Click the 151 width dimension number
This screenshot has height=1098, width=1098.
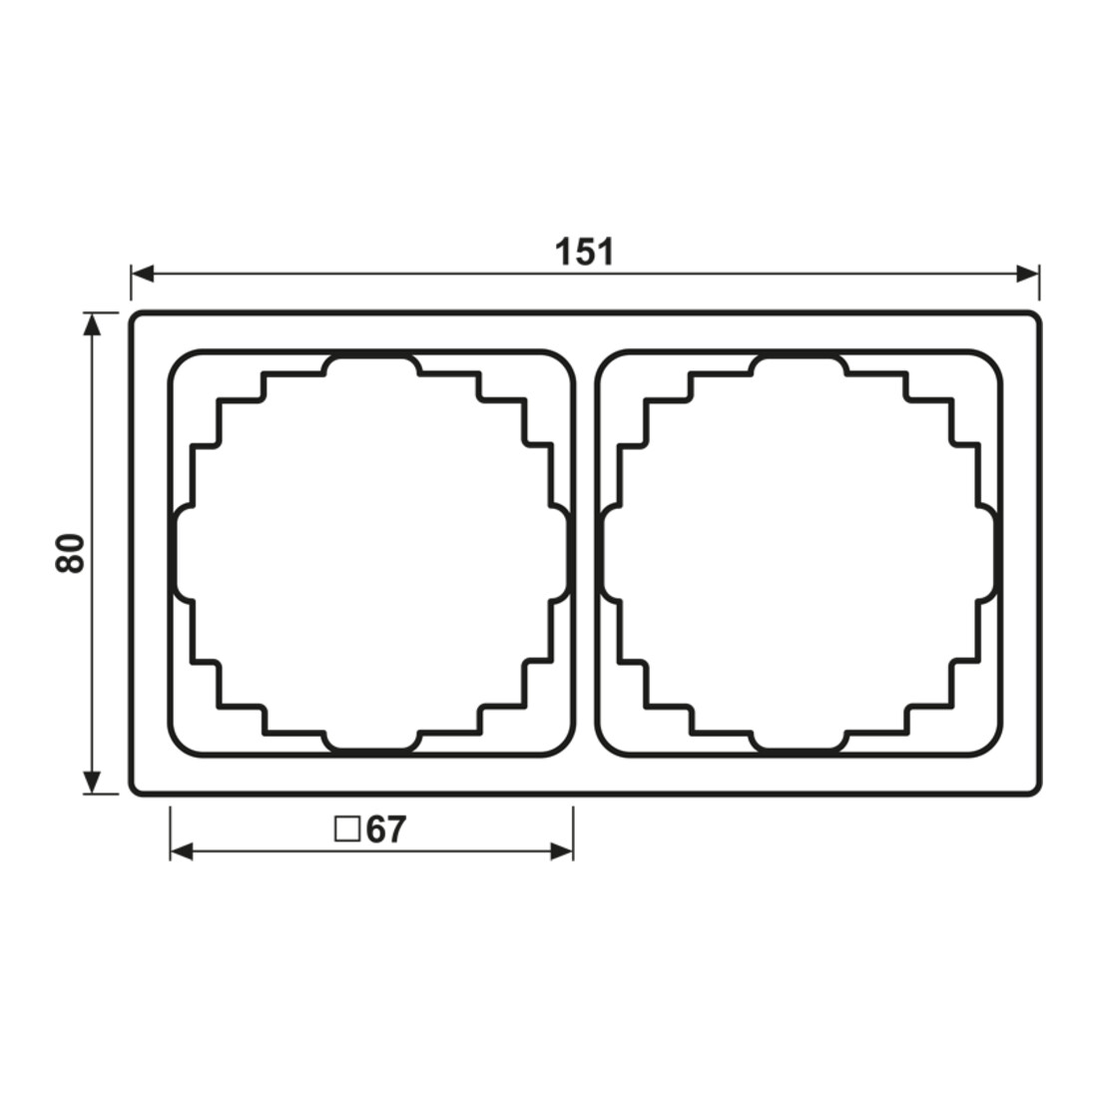tap(585, 252)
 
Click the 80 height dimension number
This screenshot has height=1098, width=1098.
tap(70, 553)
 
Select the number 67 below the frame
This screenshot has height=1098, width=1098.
tap(386, 829)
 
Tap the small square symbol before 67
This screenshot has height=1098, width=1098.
tap(347, 829)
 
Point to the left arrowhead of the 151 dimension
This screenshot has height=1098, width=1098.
tap(142, 274)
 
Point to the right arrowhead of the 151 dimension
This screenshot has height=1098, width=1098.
tap(1027, 274)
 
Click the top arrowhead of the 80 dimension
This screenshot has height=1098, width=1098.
tap(92, 324)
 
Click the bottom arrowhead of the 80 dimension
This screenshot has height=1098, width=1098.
tap(92, 783)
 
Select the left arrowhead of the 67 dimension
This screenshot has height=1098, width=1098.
tap(182, 851)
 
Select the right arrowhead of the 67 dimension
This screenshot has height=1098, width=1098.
tap(562, 851)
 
